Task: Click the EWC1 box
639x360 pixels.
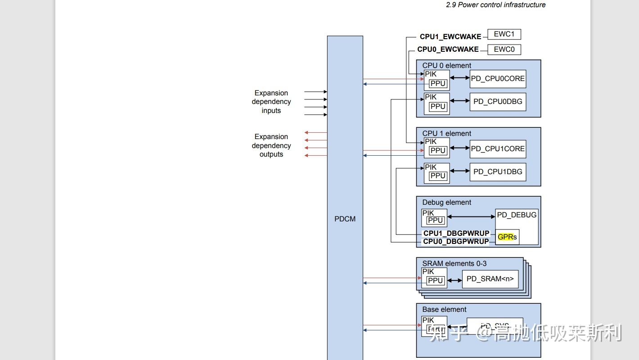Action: (x=504, y=34)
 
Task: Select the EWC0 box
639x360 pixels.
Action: (x=504, y=49)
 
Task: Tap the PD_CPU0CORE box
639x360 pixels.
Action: (x=498, y=79)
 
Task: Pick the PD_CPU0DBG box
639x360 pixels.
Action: (x=498, y=102)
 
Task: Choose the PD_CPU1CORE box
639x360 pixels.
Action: (x=498, y=149)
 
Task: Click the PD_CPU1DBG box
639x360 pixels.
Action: (x=498, y=172)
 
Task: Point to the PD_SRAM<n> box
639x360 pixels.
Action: (x=490, y=279)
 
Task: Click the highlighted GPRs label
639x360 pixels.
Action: (x=507, y=237)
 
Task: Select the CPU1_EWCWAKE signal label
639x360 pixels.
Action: (x=450, y=37)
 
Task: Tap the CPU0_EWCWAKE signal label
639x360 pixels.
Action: (x=448, y=49)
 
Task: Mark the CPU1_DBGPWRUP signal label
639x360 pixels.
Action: (x=456, y=234)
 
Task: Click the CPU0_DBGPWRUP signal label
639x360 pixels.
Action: (x=456, y=242)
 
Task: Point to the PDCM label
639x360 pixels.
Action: (x=345, y=219)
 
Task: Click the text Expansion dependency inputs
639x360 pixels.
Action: (x=271, y=102)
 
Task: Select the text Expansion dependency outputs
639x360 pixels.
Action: (x=271, y=145)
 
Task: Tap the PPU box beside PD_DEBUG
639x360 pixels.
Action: (x=435, y=220)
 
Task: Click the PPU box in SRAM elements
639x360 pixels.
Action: (x=435, y=281)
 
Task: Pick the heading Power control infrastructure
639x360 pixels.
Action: (x=495, y=5)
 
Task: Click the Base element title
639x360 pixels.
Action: (x=444, y=310)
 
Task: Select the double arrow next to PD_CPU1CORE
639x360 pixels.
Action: (x=459, y=148)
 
